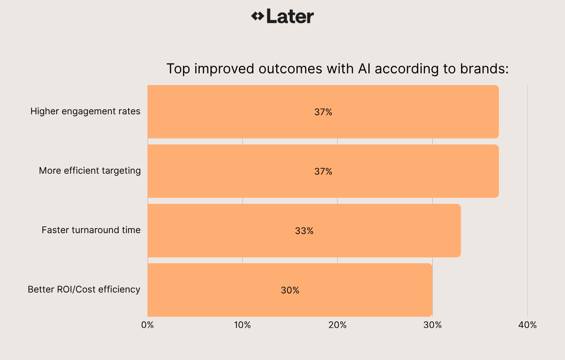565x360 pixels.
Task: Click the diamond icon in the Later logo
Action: pos(257,16)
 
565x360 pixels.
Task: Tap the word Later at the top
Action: pos(290,16)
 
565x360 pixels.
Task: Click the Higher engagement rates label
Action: pos(85,111)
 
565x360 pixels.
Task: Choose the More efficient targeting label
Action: pos(90,171)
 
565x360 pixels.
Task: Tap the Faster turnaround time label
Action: pos(91,230)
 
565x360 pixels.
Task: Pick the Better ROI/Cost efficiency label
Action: pos(84,289)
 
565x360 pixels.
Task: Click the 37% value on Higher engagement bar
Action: pos(323,112)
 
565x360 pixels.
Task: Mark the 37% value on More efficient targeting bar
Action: pos(323,171)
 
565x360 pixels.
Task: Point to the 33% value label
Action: pos(304,231)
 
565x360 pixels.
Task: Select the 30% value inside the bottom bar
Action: pos(290,290)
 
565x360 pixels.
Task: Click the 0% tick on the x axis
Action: pos(148,325)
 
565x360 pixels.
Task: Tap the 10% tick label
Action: pos(242,325)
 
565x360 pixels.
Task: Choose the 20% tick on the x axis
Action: pos(337,325)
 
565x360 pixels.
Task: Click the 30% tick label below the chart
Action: pos(432,325)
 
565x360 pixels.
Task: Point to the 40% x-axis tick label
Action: pos(527,325)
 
